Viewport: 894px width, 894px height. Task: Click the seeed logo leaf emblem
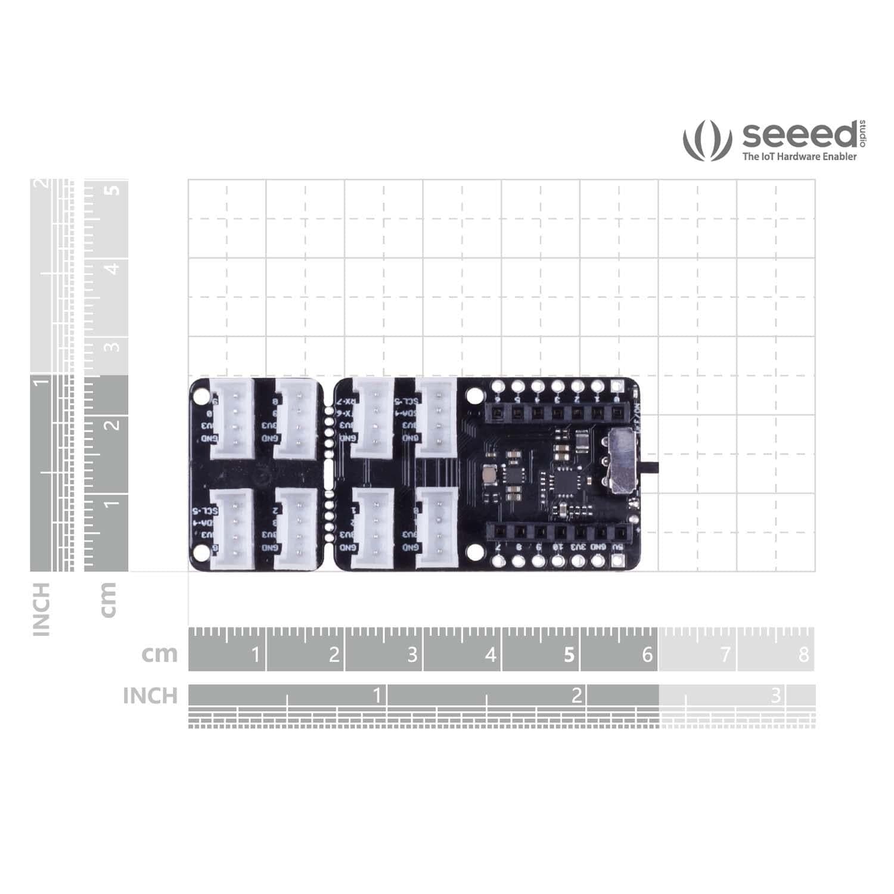coord(707,141)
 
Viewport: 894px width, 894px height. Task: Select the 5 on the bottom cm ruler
coord(569,655)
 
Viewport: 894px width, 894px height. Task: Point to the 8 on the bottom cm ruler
coord(803,655)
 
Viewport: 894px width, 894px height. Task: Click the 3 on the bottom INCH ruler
coord(775,695)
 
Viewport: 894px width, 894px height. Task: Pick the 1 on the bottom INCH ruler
coord(377,695)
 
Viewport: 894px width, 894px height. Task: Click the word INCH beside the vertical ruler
coord(41,609)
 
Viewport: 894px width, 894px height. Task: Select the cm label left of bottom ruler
coord(160,654)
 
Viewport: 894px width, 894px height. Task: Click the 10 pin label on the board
coord(558,545)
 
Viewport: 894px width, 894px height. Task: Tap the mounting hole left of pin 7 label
coord(474,552)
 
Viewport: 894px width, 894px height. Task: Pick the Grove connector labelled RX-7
coord(372,419)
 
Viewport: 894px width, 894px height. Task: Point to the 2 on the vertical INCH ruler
coord(41,183)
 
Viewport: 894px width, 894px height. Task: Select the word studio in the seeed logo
coord(863,134)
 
